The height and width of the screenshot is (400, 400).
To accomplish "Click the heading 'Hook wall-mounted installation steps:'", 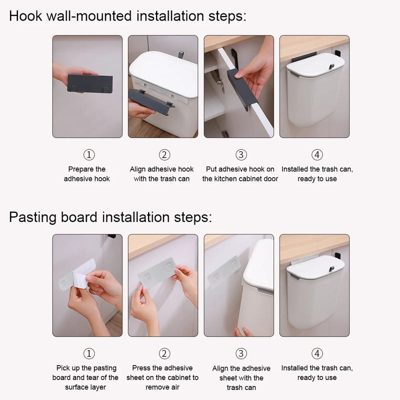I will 127,16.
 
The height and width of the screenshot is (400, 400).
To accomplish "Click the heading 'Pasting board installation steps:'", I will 110,217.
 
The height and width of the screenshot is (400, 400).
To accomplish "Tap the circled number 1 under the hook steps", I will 88,155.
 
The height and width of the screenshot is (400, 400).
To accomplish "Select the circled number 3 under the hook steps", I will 241,155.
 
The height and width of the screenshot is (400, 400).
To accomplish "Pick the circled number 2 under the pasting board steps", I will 164,354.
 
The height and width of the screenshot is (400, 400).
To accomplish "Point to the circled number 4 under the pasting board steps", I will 317,354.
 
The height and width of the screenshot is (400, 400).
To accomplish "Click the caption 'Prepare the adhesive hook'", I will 87,174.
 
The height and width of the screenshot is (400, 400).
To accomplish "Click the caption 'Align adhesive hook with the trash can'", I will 161,174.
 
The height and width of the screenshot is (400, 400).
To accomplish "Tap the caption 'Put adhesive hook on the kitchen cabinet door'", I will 240,174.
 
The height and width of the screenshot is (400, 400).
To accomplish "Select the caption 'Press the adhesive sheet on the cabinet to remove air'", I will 162,377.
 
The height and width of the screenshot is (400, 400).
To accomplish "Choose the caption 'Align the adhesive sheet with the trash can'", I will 241,378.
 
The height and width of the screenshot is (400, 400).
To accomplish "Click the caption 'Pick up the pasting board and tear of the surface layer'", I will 85,377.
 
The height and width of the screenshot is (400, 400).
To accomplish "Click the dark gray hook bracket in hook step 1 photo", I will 90,83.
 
